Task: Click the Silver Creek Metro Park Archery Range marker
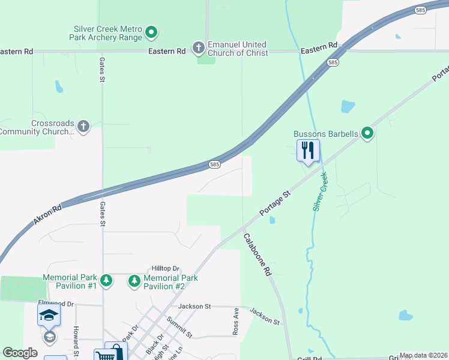coord(152,31)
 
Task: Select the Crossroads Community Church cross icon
coord(83,127)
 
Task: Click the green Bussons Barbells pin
coord(367,133)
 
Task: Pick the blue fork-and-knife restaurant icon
coord(308,150)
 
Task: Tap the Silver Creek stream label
coord(320,192)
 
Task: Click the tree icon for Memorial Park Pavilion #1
coord(106,280)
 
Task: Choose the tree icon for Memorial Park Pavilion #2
coord(134,280)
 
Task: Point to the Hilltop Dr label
coord(166,269)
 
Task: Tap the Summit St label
coord(179,327)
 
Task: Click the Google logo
coord(20,353)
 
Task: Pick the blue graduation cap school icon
coord(49,314)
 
